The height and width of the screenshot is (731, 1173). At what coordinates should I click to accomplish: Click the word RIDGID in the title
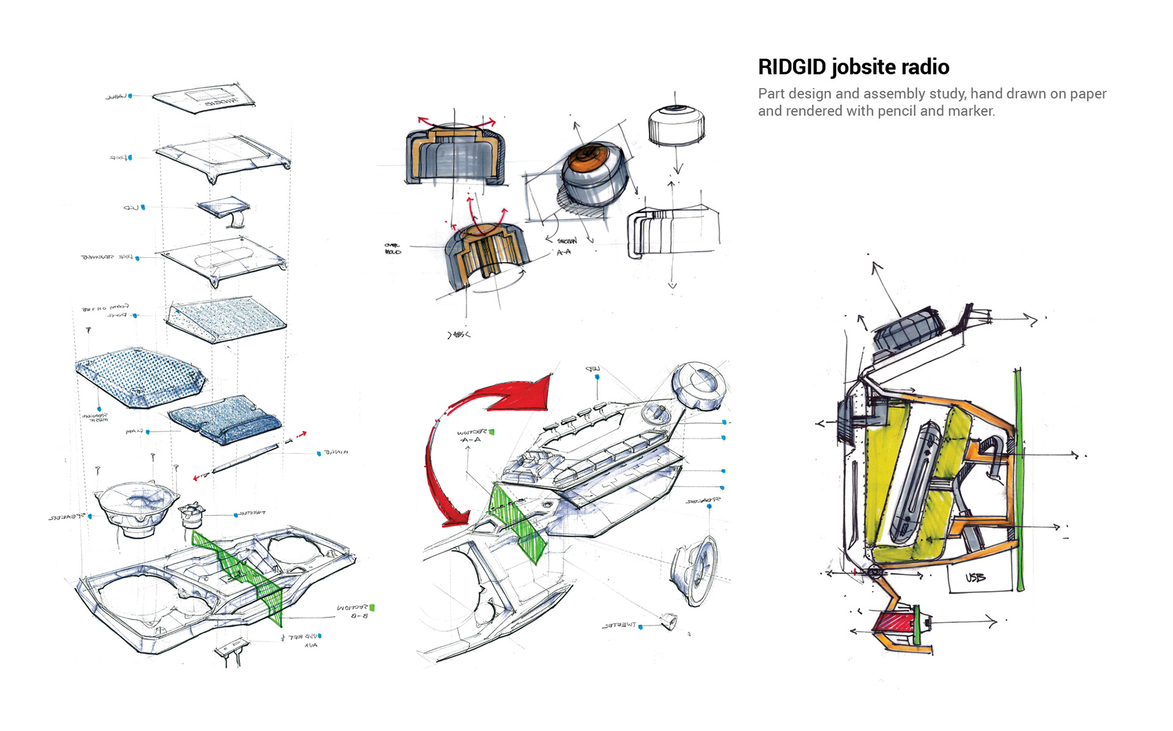(792, 67)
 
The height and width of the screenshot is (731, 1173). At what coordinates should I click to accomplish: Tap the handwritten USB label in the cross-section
(975, 577)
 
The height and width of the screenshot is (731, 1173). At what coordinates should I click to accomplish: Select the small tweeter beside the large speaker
(192, 515)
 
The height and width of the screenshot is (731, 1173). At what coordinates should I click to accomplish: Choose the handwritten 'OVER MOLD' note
(393, 249)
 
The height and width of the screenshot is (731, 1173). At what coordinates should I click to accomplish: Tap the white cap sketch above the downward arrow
(676, 125)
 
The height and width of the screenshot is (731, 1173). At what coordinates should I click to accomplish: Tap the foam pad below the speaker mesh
(225, 418)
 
